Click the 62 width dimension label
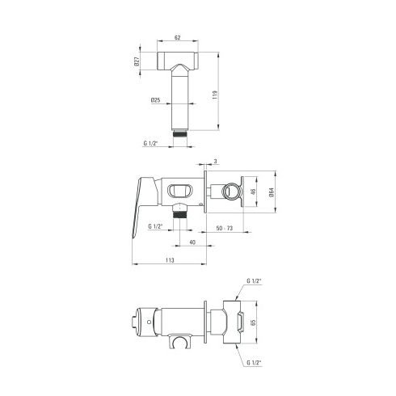click(x=177, y=37)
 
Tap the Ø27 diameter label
click(x=137, y=61)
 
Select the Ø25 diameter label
click(x=156, y=100)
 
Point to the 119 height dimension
click(x=215, y=95)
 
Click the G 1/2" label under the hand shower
click(x=150, y=143)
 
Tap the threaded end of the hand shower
click(x=180, y=133)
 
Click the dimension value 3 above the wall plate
click(x=215, y=162)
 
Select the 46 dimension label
click(x=253, y=192)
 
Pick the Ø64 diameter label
click(x=272, y=192)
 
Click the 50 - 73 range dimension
click(x=225, y=228)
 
